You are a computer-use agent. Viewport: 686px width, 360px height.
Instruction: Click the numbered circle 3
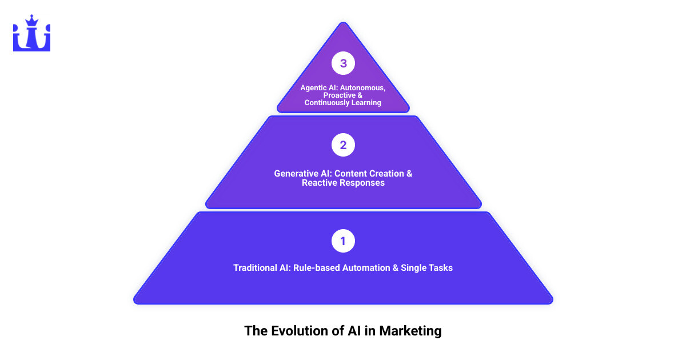[343, 63]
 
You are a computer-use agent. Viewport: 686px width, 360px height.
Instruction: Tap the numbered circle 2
[343, 145]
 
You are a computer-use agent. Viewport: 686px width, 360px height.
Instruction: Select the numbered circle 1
[343, 241]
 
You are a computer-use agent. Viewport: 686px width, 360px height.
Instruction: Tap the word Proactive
[339, 95]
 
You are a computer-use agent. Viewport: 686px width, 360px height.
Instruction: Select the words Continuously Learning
[343, 103]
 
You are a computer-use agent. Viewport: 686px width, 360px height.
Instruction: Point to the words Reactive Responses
[343, 183]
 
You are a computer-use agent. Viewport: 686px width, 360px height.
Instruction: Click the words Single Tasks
[426, 267]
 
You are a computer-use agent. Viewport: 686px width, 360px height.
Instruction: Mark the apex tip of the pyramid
[343, 23]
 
